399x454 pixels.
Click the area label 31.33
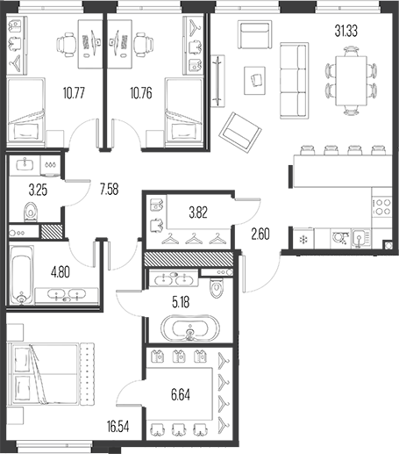346,31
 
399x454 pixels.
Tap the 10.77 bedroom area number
74,93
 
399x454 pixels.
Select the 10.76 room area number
141,93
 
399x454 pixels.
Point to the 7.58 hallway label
110,189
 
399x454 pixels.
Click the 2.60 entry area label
260,234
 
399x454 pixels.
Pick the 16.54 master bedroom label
118,427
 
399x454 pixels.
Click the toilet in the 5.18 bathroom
217,287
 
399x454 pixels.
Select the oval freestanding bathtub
190,328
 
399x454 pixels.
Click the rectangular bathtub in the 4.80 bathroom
22,275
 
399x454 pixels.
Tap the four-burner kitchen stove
381,206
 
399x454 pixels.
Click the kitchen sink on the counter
360,238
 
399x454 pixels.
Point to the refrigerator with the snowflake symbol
303,240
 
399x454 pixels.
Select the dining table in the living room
351,81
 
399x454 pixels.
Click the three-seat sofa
294,81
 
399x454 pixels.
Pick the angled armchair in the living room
240,133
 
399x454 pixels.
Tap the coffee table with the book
255,81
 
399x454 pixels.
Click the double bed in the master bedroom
51,374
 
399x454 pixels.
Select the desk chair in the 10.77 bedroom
67,45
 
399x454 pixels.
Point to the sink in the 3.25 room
25,164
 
